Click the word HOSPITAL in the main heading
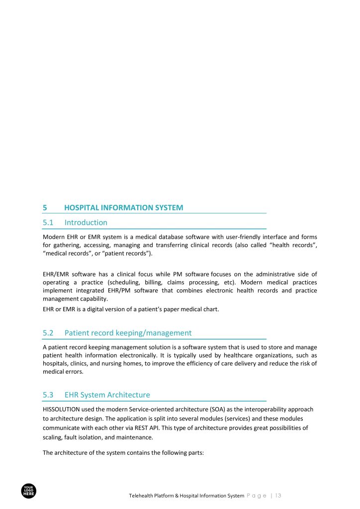(83, 208)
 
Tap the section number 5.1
(48, 223)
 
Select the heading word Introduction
(86, 223)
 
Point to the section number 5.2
(48, 333)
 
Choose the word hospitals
(56, 364)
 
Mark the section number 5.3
(48, 395)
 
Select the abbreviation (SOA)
(207, 409)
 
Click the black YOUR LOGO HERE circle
(29, 491)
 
